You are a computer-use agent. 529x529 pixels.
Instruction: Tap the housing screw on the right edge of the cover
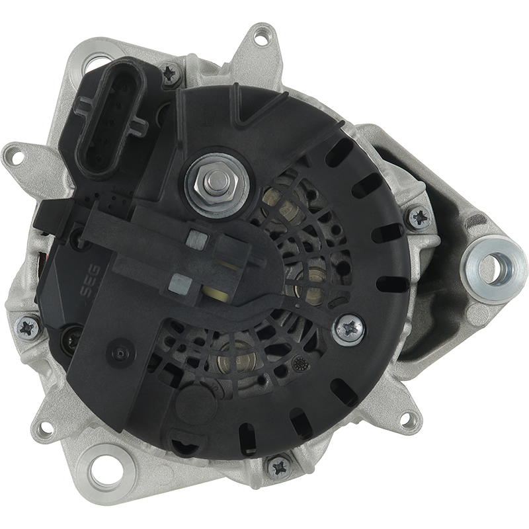tap(419, 218)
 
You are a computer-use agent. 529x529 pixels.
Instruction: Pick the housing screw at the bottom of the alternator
tap(278, 468)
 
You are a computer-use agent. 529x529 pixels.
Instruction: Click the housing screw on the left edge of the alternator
tap(27, 327)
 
